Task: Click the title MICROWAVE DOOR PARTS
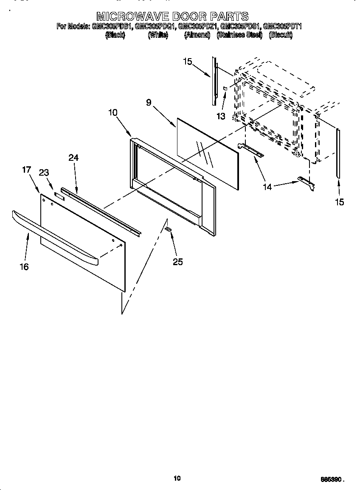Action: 172,17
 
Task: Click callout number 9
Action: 149,102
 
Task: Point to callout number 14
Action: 267,187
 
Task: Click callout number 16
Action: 24,266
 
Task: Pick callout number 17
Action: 26,170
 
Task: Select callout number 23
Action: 44,173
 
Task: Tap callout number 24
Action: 73,157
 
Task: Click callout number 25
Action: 177,262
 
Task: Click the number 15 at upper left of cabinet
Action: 187,62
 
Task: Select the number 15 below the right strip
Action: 339,202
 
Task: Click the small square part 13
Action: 225,88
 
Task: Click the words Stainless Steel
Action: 239,35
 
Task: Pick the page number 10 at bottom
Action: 177,478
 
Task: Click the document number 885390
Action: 332,479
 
